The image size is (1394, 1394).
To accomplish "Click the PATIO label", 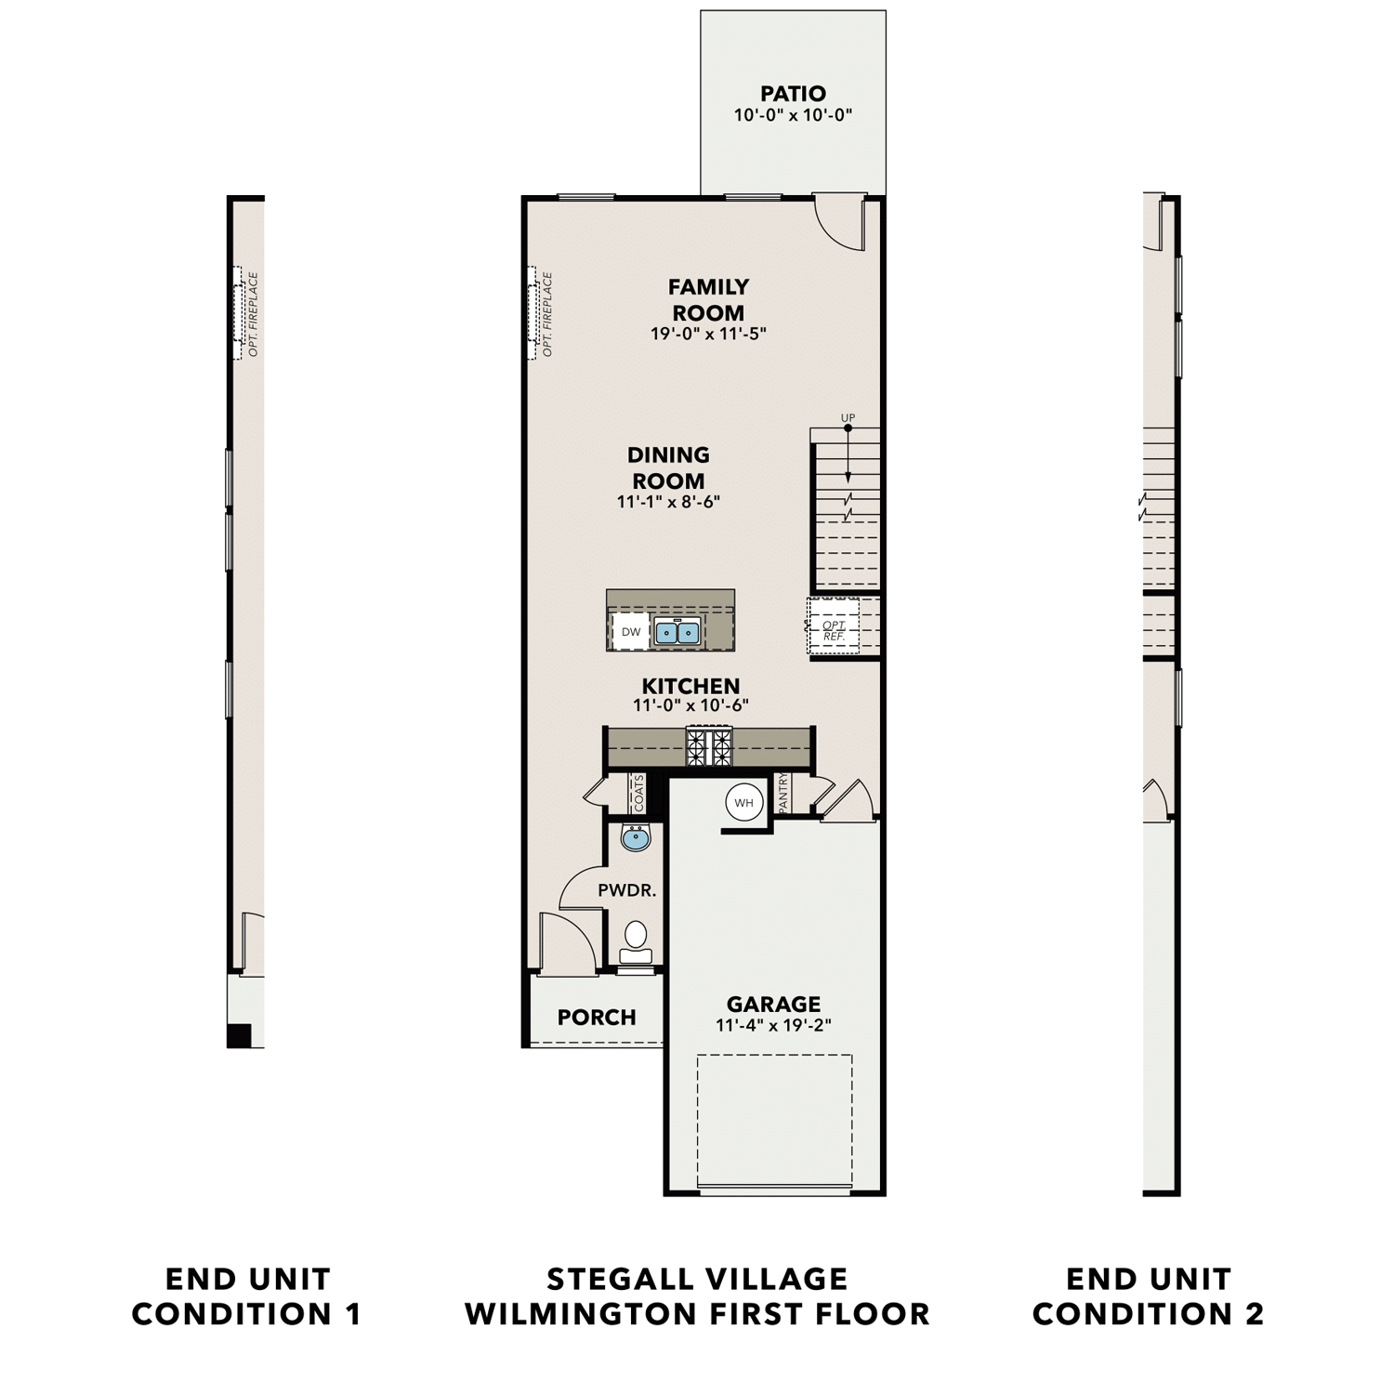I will point(793,94).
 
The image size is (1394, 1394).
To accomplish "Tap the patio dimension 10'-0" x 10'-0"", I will point(793,116).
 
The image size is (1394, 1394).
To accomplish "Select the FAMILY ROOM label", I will point(708,299).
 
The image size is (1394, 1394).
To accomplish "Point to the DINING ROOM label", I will point(668,467).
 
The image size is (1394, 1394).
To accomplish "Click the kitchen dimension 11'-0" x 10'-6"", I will point(690,705).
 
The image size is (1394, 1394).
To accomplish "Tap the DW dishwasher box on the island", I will point(631,632).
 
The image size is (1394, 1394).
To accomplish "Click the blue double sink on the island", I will point(677,633).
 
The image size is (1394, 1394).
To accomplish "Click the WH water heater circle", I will point(743,803).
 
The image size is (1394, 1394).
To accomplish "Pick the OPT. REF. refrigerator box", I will point(834,630).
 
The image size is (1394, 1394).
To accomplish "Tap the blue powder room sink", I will point(636,837).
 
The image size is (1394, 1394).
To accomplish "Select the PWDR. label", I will point(627,890).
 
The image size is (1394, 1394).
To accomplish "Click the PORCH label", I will point(597,1018).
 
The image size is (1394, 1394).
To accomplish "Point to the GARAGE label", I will point(773,1005).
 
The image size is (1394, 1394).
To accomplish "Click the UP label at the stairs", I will point(848,418).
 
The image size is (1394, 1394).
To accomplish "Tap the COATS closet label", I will point(639,793).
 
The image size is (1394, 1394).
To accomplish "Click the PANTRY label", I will point(783,793).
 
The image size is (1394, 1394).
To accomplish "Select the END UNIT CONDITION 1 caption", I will point(247,1296).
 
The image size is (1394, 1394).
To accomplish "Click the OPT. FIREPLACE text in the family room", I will point(547,314).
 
